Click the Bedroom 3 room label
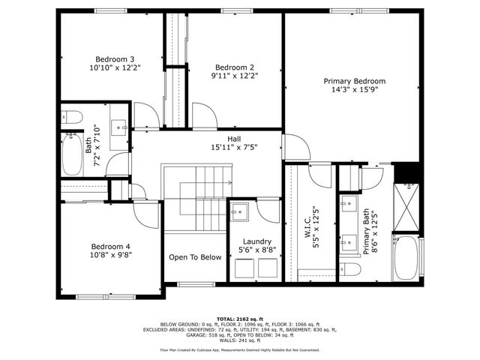click(115, 59)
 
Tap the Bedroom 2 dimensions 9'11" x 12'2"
click(235, 75)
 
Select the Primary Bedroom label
click(354, 81)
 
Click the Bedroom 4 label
click(111, 246)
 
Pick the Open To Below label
click(195, 257)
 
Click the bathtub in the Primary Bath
click(408, 259)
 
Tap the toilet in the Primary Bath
click(349, 268)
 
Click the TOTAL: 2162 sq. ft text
click(239, 318)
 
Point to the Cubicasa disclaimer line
click(239, 349)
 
